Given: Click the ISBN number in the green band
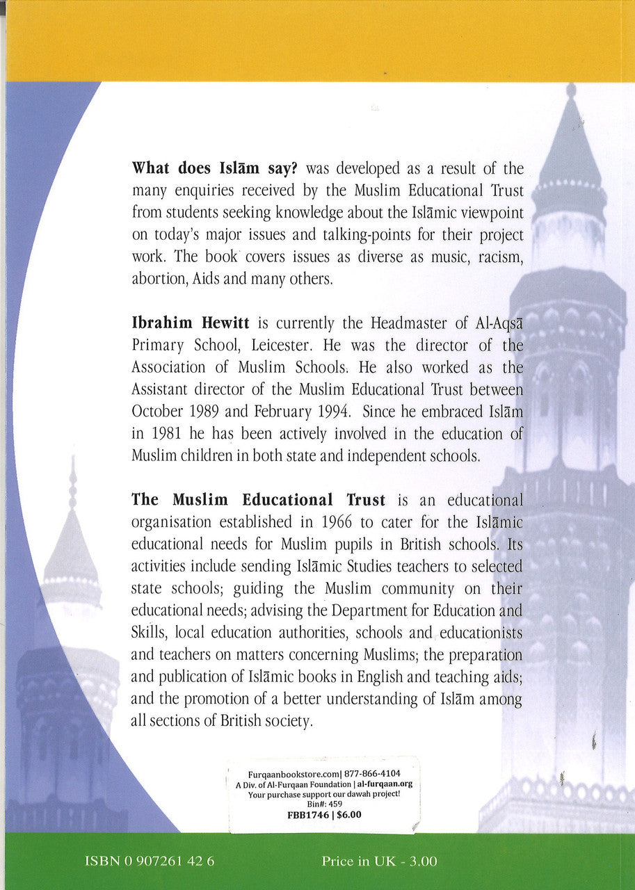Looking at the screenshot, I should coord(149,861).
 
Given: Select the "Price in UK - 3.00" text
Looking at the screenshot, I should coord(379,861).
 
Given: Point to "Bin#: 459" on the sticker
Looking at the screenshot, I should coord(321,804).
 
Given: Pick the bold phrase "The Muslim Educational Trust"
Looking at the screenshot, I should coord(258,500).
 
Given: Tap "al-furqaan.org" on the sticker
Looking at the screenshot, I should coord(385,783).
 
